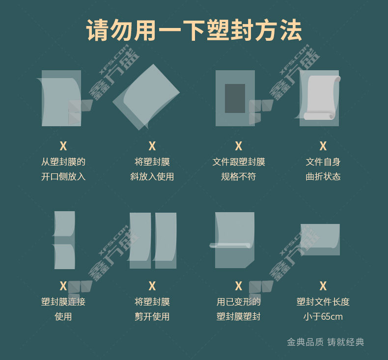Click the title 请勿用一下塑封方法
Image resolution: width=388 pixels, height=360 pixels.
194,30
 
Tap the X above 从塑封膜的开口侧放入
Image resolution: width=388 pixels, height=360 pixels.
63,146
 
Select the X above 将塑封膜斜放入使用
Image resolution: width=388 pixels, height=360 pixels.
152,146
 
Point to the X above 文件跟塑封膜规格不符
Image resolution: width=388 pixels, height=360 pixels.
238,146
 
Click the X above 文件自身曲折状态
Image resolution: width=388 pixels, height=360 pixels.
323,146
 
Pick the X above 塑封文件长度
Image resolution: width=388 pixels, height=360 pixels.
323,286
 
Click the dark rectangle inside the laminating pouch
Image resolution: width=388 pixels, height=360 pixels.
235,98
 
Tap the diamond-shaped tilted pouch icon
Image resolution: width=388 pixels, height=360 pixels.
146,97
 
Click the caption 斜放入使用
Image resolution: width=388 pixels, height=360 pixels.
152,177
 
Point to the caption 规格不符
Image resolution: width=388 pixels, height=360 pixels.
238,177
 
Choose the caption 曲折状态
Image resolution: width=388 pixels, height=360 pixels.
323,177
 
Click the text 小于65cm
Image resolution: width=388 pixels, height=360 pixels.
323,316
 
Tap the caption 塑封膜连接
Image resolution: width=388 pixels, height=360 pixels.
63,302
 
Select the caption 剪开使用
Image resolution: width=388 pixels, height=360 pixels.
152,316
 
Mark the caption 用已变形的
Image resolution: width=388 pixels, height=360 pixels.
238,302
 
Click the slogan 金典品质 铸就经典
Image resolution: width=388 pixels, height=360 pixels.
326,342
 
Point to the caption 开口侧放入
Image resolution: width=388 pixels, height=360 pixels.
63,177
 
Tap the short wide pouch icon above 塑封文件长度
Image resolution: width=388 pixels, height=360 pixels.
320,239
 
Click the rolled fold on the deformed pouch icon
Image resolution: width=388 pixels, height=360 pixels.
230,246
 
